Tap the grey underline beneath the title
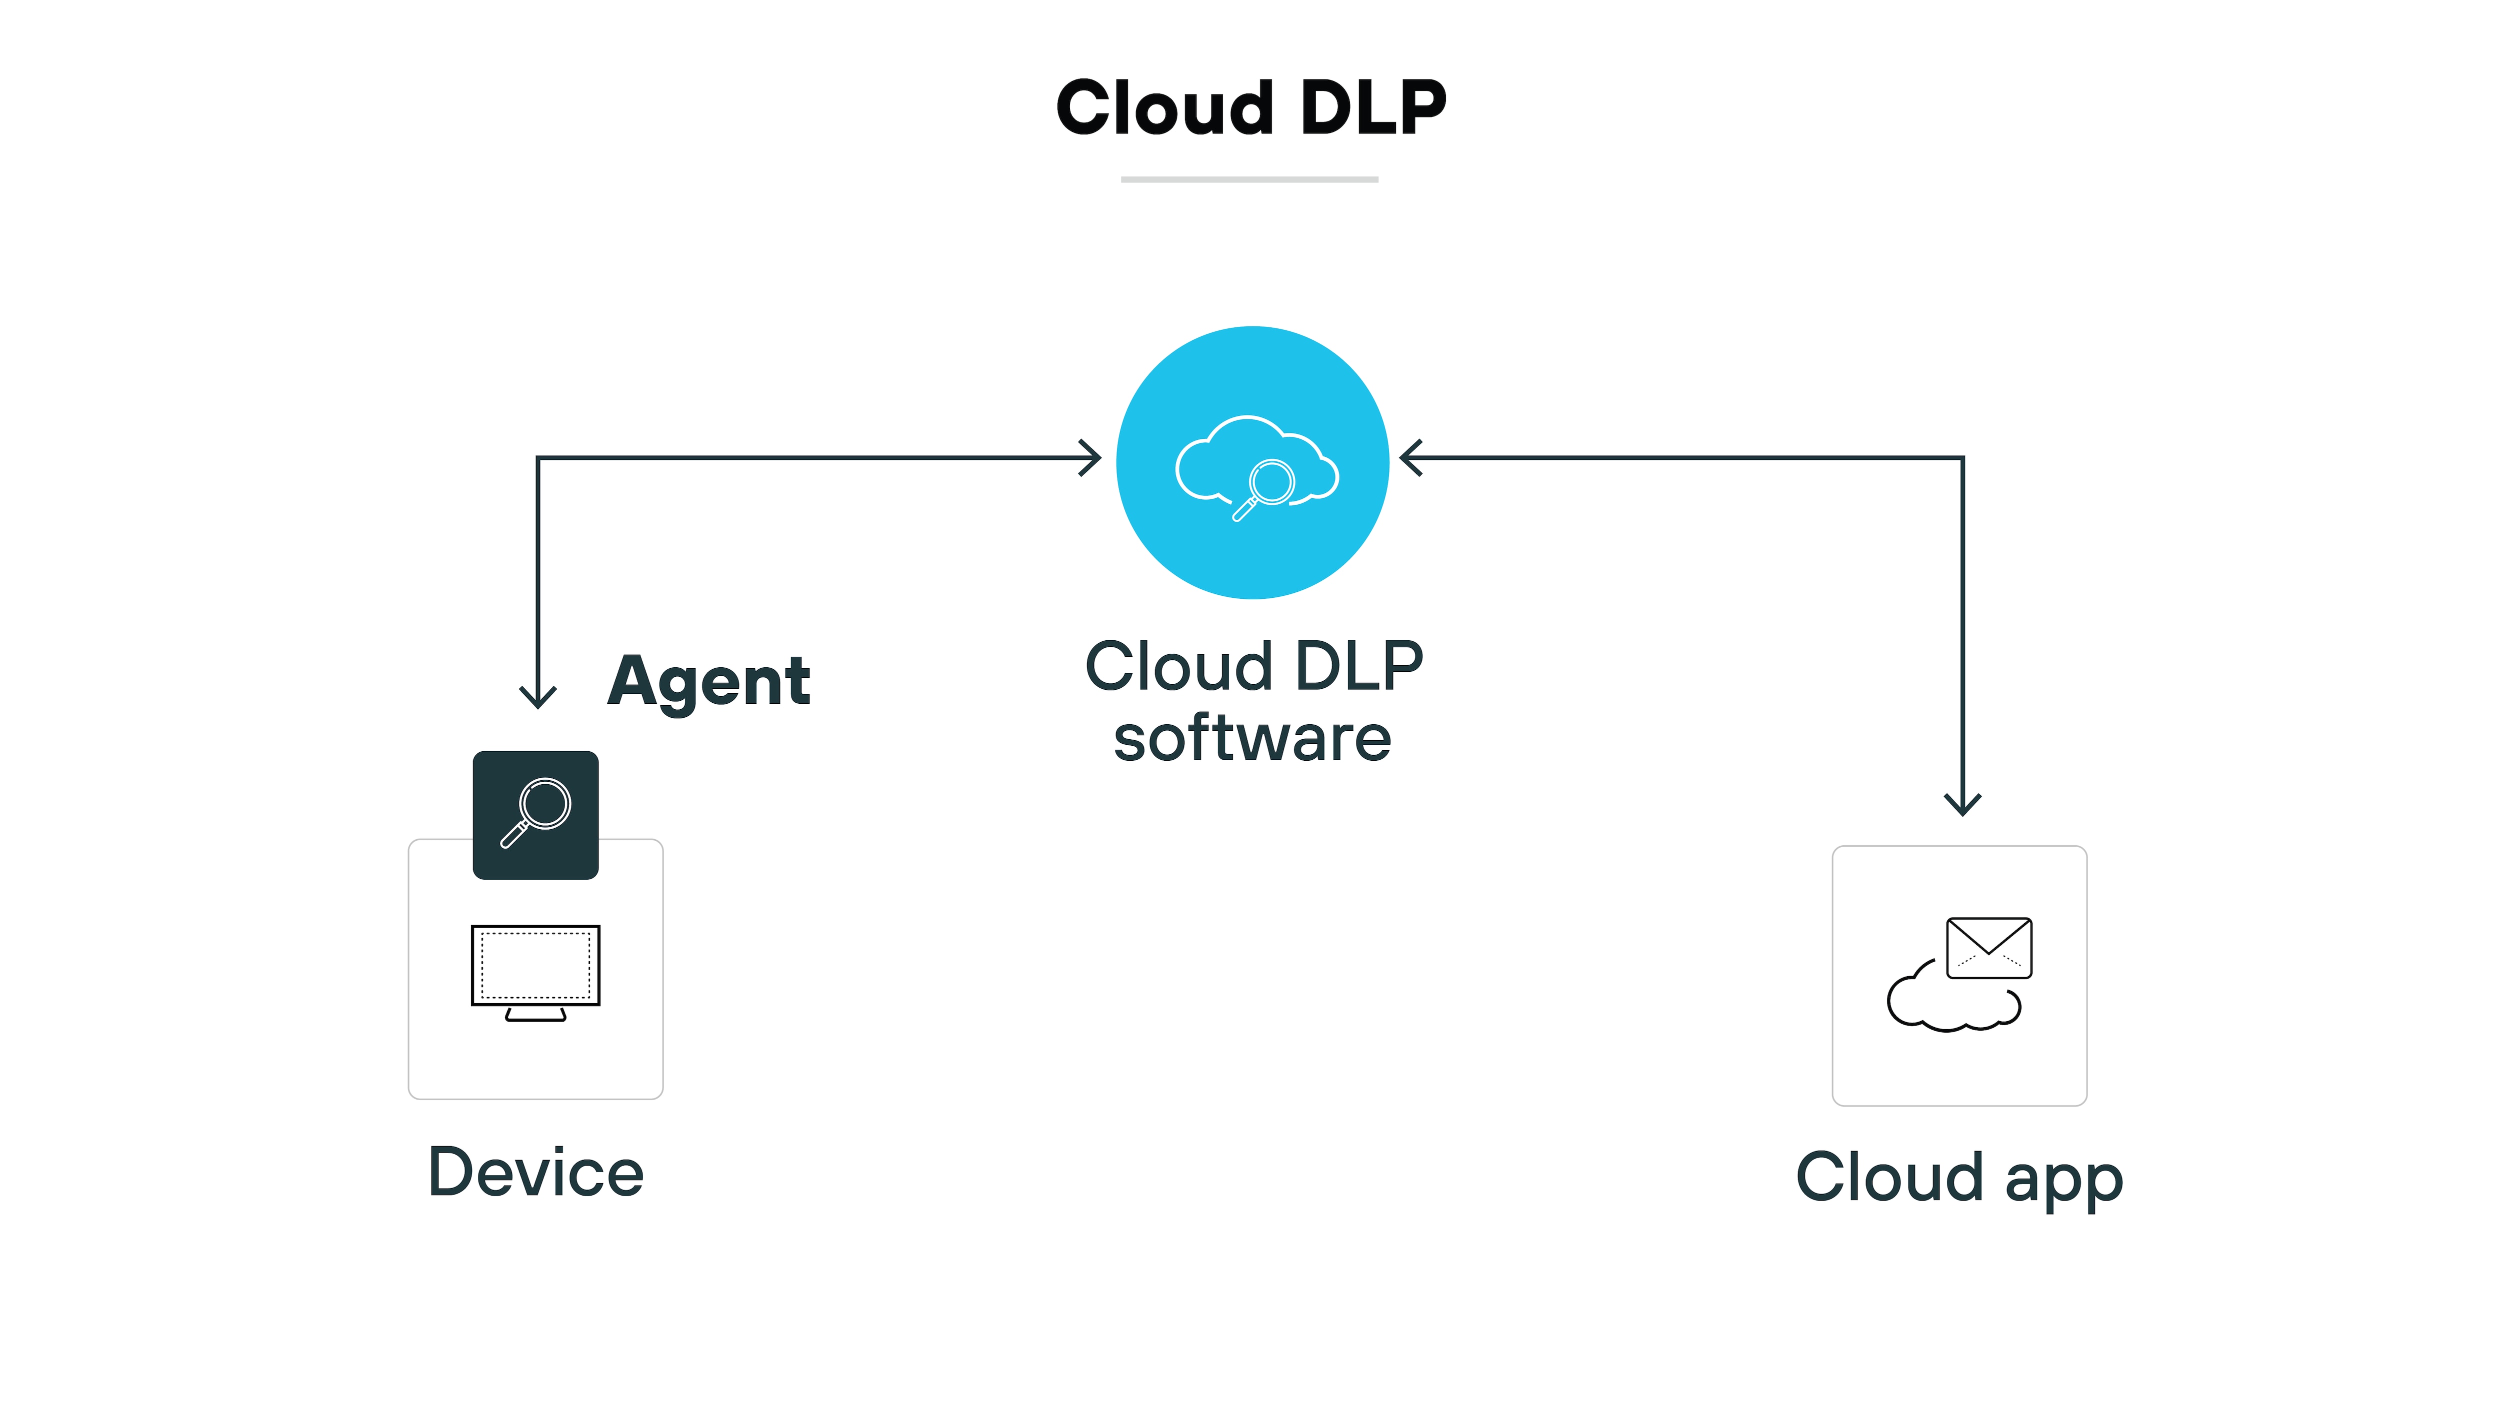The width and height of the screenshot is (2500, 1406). click(x=1249, y=179)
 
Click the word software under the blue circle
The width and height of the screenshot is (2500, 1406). click(x=1252, y=739)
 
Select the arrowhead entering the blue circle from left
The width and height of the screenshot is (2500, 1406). click(x=1092, y=458)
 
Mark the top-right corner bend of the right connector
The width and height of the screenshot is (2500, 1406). click(x=1962, y=458)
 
